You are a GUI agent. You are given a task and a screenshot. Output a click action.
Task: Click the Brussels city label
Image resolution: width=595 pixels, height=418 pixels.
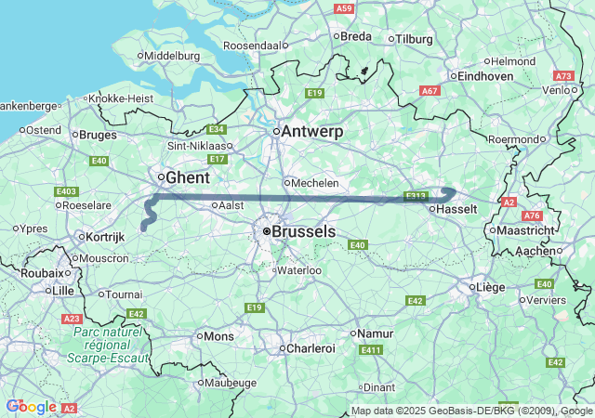click(305, 231)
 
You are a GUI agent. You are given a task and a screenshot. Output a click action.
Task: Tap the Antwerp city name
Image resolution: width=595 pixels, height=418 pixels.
click(311, 132)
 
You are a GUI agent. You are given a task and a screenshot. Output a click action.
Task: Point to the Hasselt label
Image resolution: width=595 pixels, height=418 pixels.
click(458, 210)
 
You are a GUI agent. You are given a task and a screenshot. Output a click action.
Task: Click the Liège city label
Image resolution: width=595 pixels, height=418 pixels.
click(490, 287)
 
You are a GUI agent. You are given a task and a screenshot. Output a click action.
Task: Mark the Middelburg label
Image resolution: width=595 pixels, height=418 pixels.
click(172, 56)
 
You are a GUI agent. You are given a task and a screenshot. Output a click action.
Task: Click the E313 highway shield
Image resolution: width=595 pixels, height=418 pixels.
click(416, 196)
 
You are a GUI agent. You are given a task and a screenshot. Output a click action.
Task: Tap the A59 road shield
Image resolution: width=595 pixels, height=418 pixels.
click(345, 8)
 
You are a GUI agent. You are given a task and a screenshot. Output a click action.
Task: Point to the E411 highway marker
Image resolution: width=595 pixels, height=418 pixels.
click(371, 349)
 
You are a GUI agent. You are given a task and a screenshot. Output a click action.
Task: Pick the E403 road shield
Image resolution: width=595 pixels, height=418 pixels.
click(66, 191)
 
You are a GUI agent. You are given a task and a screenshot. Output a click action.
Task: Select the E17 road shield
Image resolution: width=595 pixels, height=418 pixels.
click(218, 159)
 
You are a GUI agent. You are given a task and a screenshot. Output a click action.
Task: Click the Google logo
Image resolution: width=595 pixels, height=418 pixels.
click(31, 407)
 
